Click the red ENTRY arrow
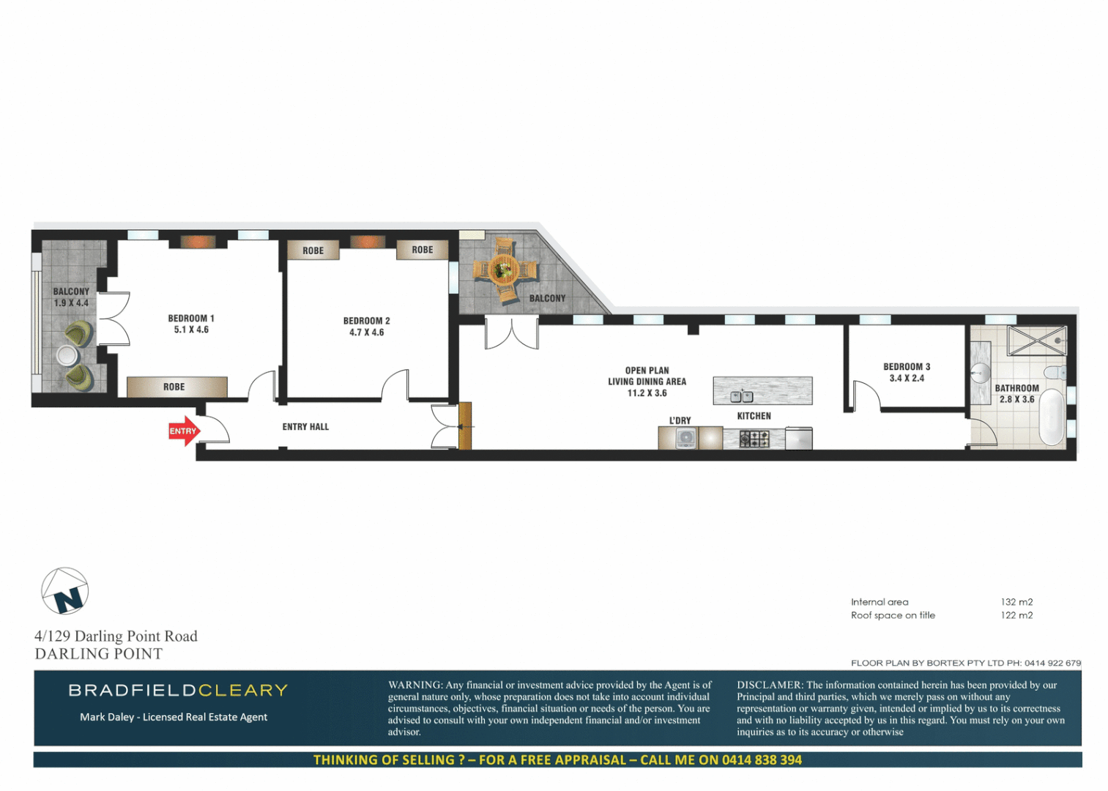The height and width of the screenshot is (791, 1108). (183, 431)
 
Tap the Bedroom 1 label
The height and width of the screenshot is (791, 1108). (191, 319)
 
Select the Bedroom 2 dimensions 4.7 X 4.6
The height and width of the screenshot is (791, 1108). (367, 333)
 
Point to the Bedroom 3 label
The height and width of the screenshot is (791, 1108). (907, 367)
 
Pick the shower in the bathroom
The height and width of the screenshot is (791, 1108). (1036, 341)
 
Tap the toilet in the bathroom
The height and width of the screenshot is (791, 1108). (1055, 373)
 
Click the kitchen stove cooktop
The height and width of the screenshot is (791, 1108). (754, 439)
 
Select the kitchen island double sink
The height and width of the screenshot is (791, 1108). (742, 397)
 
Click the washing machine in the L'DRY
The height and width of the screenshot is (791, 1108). (685, 438)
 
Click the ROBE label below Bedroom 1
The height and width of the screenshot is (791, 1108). (174, 387)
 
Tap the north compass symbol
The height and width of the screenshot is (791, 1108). (65, 592)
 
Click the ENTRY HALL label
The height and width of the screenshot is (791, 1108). (305, 427)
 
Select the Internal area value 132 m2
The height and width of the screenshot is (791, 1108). (1016, 602)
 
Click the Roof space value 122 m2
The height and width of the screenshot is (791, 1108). (1016, 615)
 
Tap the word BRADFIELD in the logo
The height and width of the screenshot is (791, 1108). (132, 691)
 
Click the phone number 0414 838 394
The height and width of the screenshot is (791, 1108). (762, 760)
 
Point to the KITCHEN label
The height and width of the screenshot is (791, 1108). (754, 416)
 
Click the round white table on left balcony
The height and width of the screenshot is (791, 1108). (67, 356)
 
